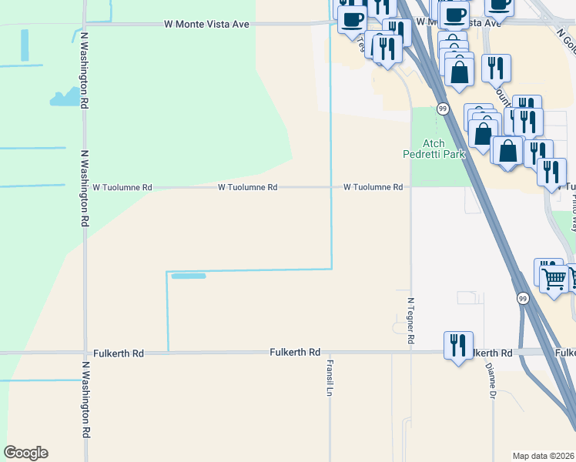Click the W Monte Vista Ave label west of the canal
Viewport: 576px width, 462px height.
[x=206, y=24]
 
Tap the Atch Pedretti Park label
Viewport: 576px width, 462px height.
[x=434, y=149]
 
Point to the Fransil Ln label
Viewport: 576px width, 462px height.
[x=329, y=378]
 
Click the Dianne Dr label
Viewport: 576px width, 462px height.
[x=490, y=382]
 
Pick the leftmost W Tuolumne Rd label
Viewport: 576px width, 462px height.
[x=122, y=187]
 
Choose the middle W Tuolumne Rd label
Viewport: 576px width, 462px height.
[x=247, y=187]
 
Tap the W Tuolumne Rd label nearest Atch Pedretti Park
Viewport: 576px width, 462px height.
[x=373, y=187]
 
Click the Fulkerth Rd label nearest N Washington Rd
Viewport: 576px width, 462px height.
[x=118, y=353]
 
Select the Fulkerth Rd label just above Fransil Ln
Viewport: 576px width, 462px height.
[x=295, y=352]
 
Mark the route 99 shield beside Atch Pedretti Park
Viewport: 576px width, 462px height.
[x=443, y=109]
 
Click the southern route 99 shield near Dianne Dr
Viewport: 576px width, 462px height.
[x=523, y=299]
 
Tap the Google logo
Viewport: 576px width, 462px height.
[x=25, y=453]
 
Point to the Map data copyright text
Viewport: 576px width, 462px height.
[x=544, y=456]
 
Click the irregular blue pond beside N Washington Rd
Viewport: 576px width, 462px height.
[x=65, y=97]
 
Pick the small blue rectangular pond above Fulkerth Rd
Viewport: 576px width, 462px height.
[x=188, y=276]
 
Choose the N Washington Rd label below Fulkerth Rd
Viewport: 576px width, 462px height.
[x=86, y=409]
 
